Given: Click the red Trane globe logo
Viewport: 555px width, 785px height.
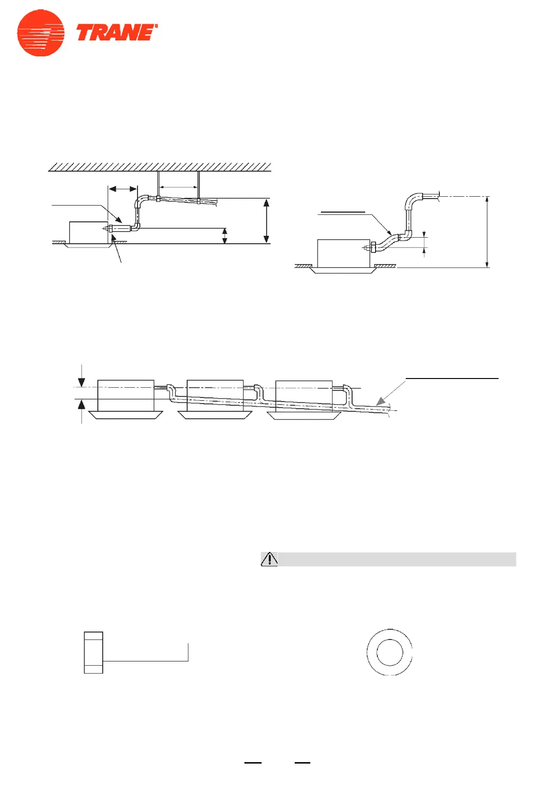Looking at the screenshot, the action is (x=41, y=33).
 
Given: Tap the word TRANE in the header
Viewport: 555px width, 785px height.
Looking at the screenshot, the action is (x=116, y=34).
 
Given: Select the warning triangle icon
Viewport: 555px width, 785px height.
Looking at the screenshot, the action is (x=269, y=559).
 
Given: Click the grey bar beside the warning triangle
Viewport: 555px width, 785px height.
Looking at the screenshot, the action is (x=396, y=559).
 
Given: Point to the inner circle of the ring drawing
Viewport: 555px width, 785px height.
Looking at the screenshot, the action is (x=389, y=652).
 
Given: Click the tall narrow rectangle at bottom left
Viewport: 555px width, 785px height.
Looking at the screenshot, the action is (x=93, y=652).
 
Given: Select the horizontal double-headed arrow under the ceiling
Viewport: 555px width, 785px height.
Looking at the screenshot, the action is (x=123, y=189).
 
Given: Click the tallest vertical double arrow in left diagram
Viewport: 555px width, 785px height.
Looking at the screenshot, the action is (x=266, y=221).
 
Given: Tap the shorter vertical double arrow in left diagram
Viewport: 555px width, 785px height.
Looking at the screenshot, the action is (x=225, y=236).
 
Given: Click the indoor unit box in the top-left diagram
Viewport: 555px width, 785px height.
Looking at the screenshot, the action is (x=89, y=232).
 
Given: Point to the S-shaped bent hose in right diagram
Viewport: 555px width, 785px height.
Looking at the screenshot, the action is (x=387, y=242).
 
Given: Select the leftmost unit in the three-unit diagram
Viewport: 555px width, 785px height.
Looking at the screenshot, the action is (x=125, y=395).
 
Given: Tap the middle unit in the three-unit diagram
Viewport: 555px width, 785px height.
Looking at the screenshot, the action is (x=215, y=395).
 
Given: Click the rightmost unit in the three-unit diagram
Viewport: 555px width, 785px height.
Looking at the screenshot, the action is (x=304, y=395).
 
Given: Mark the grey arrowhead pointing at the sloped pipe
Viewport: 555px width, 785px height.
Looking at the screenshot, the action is (x=382, y=400).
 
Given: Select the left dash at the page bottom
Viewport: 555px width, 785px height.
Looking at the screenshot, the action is (x=253, y=763).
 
